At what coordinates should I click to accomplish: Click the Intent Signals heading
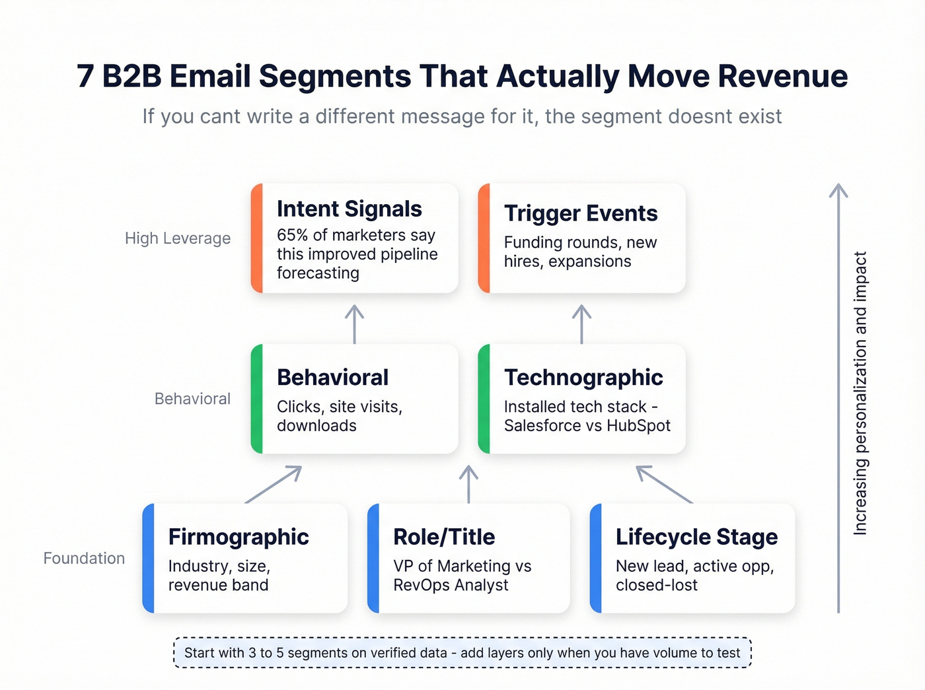tap(349, 209)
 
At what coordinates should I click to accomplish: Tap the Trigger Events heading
tap(581, 213)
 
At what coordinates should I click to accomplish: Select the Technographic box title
tap(583, 377)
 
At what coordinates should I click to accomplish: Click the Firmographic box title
tap(239, 537)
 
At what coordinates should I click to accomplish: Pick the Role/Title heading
tap(444, 537)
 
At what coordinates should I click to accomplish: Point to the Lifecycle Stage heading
tap(696, 537)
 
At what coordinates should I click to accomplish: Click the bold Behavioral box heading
tap(332, 377)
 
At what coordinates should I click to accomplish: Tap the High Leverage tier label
tap(178, 238)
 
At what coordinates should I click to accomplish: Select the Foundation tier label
tap(84, 559)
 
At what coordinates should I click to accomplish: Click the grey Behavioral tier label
tap(192, 399)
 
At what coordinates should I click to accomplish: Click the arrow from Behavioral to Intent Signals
tap(355, 324)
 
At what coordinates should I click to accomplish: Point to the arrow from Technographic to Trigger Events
tap(581, 324)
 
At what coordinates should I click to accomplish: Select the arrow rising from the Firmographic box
tap(274, 484)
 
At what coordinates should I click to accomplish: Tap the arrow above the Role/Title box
tap(468, 484)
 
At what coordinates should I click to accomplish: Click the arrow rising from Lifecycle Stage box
tap(664, 484)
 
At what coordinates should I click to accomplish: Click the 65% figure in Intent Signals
tap(292, 235)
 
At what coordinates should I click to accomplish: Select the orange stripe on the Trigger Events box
tap(484, 238)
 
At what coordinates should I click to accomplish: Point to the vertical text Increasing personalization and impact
tap(860, 393)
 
